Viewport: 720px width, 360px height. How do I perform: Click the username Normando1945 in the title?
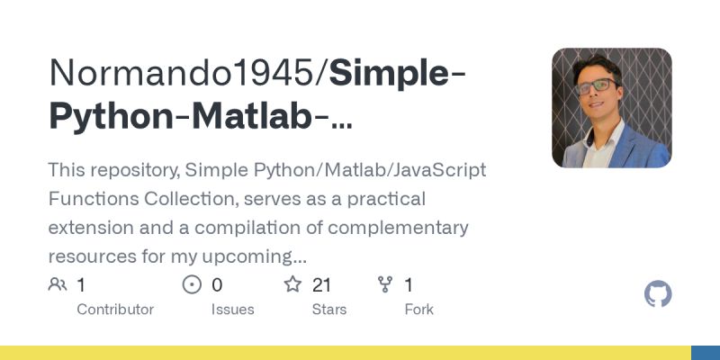184,73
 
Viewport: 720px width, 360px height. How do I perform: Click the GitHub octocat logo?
658,294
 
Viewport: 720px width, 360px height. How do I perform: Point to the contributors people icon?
58,285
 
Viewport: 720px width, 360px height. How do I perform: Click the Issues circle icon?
192,285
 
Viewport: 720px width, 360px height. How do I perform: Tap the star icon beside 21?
292,285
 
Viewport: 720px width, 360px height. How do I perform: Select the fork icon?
385,285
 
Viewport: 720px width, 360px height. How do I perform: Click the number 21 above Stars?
322,285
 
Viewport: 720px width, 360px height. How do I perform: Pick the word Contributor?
115,310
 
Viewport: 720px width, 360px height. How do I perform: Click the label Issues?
233,310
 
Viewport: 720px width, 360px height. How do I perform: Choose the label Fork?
418,310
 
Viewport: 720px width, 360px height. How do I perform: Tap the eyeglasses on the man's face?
597,86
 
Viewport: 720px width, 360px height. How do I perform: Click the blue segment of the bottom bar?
705,353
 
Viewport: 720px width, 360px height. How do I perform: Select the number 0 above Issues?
217,285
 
